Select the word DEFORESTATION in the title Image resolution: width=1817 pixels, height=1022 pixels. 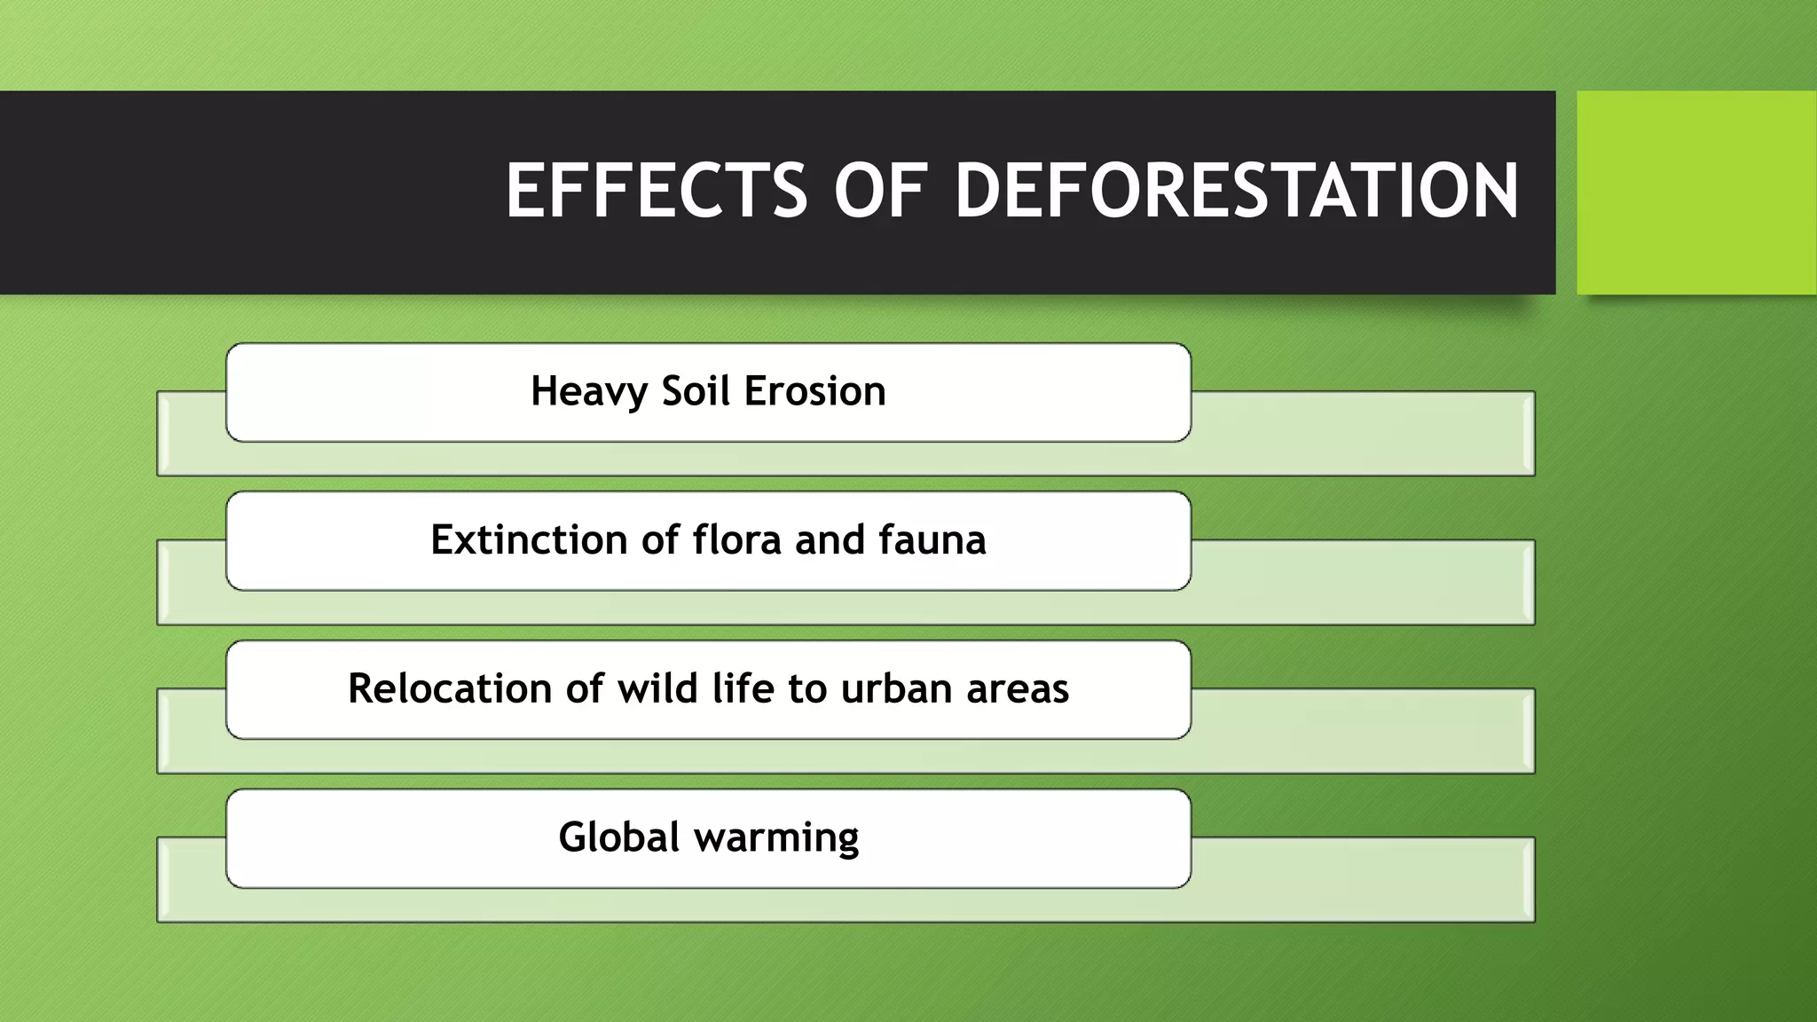pos(1237,191)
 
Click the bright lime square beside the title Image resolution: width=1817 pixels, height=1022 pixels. pos(1696,193)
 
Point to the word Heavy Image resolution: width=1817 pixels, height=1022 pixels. pos(589,391)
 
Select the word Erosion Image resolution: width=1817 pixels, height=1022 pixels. pos(814,390)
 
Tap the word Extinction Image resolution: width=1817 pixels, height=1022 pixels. pos(529,539)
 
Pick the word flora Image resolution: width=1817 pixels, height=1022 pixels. pos(736,539)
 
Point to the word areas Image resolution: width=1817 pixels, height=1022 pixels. pos(1018,688)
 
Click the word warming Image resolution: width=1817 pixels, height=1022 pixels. pos(776,837)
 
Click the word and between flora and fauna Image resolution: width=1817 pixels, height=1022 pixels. pos(830,539)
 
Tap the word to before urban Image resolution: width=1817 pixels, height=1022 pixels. pos(807,688)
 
